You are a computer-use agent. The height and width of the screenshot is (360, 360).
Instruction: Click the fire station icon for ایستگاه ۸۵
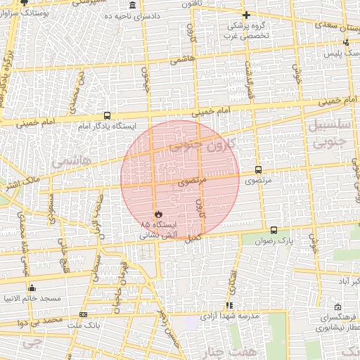tap(157, 214)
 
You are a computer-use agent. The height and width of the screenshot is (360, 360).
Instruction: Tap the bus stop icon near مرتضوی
tap(259, 169)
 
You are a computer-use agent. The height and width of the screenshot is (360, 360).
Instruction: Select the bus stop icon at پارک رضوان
tap(274, 230)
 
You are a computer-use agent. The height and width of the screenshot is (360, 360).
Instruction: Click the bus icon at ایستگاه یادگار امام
tap(107, 115)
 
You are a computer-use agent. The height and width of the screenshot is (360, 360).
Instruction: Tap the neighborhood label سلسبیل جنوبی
tap(328, 135)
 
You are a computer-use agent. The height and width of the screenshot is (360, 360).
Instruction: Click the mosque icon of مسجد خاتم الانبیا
tap(32, 288)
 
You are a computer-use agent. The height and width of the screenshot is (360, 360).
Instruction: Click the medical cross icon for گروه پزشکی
tap(245, 15)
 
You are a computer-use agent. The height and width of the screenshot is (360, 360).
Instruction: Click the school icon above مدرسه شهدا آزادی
tap(229, 305)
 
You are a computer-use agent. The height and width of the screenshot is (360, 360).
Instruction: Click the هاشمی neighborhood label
tap(71, 160)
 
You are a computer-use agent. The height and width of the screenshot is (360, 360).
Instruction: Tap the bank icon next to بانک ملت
tap(84, 314)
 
